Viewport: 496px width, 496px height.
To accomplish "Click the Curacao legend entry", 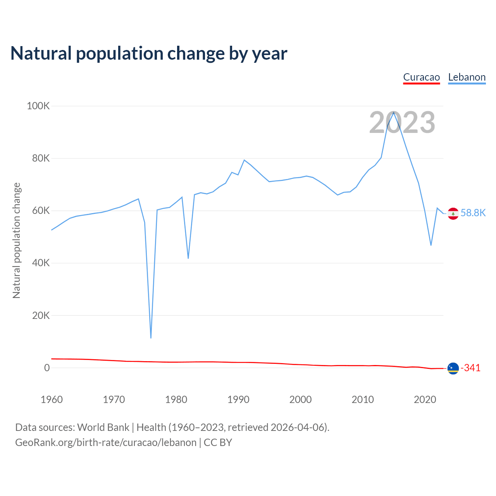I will [x=421, y=77].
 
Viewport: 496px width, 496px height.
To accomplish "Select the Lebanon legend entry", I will [x=467, y=77].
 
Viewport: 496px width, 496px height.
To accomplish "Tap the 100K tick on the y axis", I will [x=38, y=106].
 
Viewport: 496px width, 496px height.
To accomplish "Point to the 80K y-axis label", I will [x=41, y=158].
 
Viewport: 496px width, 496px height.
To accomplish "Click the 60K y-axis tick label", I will [x=41, y=210].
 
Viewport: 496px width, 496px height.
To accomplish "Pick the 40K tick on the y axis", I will [x=41, y=263].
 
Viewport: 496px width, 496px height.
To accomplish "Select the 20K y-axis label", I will [x=41, y=315].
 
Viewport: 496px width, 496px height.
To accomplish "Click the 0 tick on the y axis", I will [x=47, y=367].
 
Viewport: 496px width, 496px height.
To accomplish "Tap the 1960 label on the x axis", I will [x=52, y=400].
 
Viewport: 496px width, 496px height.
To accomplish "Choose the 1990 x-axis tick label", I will [x=238, y=400].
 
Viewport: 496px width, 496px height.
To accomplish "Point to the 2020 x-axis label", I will [x=425, y=400].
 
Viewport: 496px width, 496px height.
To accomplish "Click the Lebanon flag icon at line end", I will [x=453, y=214].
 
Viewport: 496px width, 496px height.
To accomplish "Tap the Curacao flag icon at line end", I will [x=453, y=368].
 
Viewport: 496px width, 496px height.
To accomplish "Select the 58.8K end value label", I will [x=473, y=213].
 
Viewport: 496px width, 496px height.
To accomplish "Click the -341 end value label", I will [x=470, y=368].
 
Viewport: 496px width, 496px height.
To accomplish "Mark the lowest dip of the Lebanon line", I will [x=151, y=338].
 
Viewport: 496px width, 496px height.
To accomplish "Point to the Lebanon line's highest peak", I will [x=393, y=112].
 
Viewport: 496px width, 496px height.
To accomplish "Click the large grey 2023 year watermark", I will [x=402, y=122].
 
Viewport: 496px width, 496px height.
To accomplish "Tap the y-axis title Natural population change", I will [x=17, y=240].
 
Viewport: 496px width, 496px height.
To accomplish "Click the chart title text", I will [x=149, y=53].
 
